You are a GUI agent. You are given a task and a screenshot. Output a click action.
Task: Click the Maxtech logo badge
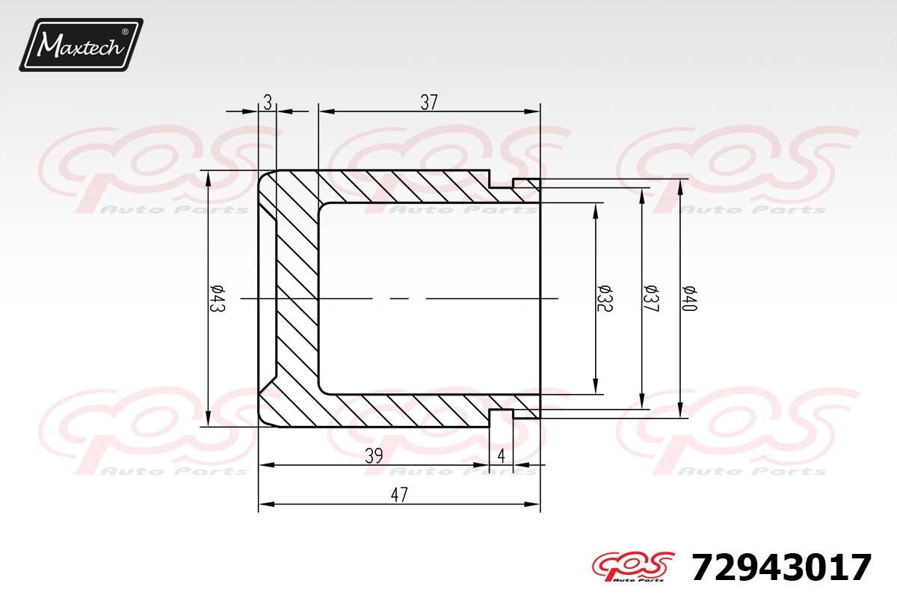point(81,45)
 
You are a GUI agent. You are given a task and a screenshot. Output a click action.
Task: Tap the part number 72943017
point(781,567)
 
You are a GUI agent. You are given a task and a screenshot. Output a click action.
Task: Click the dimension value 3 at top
point(268,102)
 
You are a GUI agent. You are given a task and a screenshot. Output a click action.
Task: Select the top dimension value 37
point(429,102)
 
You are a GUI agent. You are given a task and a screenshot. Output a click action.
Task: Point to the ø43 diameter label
point(218,298)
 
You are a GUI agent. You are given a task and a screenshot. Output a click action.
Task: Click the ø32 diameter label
point(605,298)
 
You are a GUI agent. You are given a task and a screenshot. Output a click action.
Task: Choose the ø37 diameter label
point(651,298)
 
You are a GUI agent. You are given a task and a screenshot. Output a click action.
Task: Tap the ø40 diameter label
point(689,298)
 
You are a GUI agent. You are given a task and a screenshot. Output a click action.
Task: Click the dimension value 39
point(374,456)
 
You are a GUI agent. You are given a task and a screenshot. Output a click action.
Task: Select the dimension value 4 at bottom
point(501,456)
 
